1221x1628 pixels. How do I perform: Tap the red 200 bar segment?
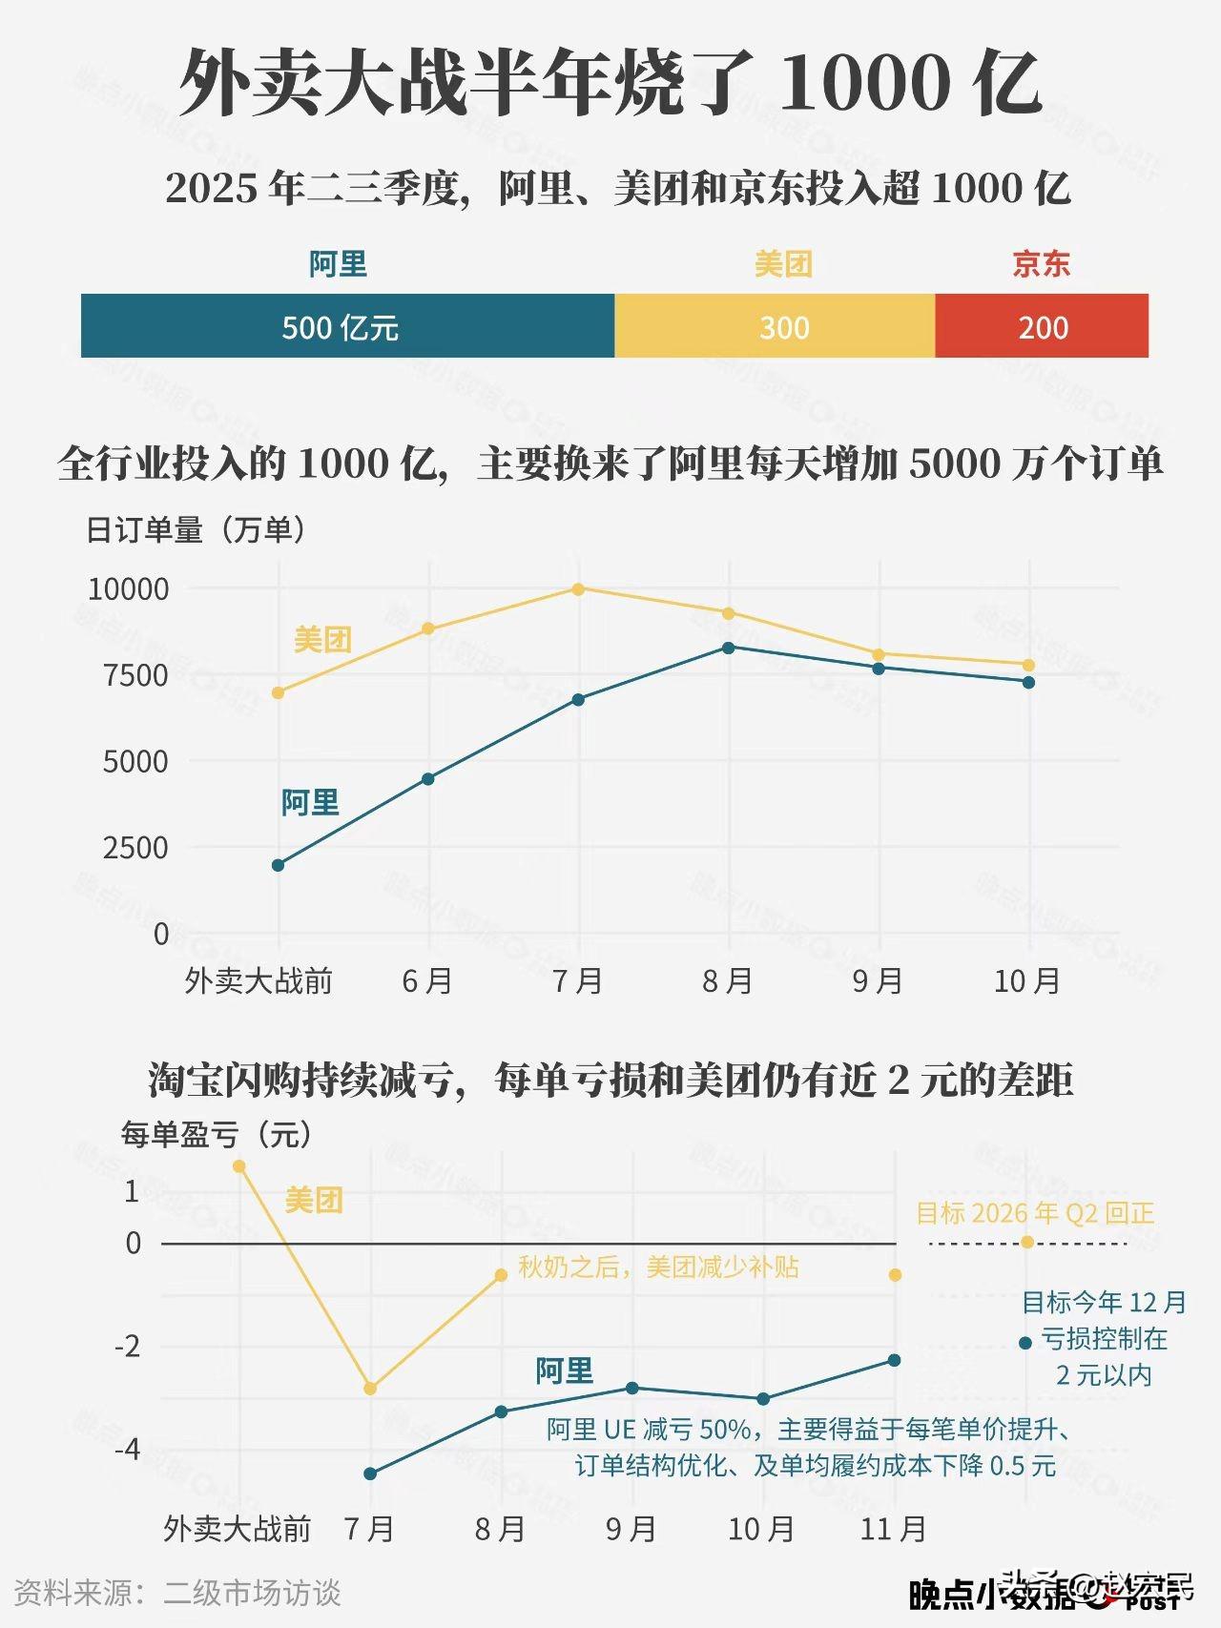tap(1042, 326)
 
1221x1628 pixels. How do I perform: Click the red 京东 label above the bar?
tap(1041, 263)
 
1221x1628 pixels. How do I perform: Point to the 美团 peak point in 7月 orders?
tap(578, 588)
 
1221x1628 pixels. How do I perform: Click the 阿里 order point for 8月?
tap(729, 648)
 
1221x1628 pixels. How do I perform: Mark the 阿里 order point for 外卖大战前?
tap(278, 865)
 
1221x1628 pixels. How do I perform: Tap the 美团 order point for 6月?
tap(428, 629)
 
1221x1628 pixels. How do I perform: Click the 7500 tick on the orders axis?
tap(135, 675)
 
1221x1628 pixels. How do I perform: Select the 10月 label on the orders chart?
tap(1027, 980)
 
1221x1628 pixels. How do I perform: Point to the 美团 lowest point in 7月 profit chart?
tap(370, 1389)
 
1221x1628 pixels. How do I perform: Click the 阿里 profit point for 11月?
tap(894, 1360)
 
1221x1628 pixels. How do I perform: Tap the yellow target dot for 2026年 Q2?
tap(1026, 1242)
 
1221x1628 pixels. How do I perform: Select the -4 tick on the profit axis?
tap(127, 1450)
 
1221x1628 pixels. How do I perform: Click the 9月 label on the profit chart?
tap(631, 1529)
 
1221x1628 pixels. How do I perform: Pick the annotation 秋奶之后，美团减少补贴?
tap(658, 1267)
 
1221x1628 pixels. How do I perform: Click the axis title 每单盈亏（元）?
tap(217, 1135)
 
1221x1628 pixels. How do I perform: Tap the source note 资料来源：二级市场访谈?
tap(177, 1593)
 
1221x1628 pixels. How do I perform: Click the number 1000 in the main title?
tap(864, 83)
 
